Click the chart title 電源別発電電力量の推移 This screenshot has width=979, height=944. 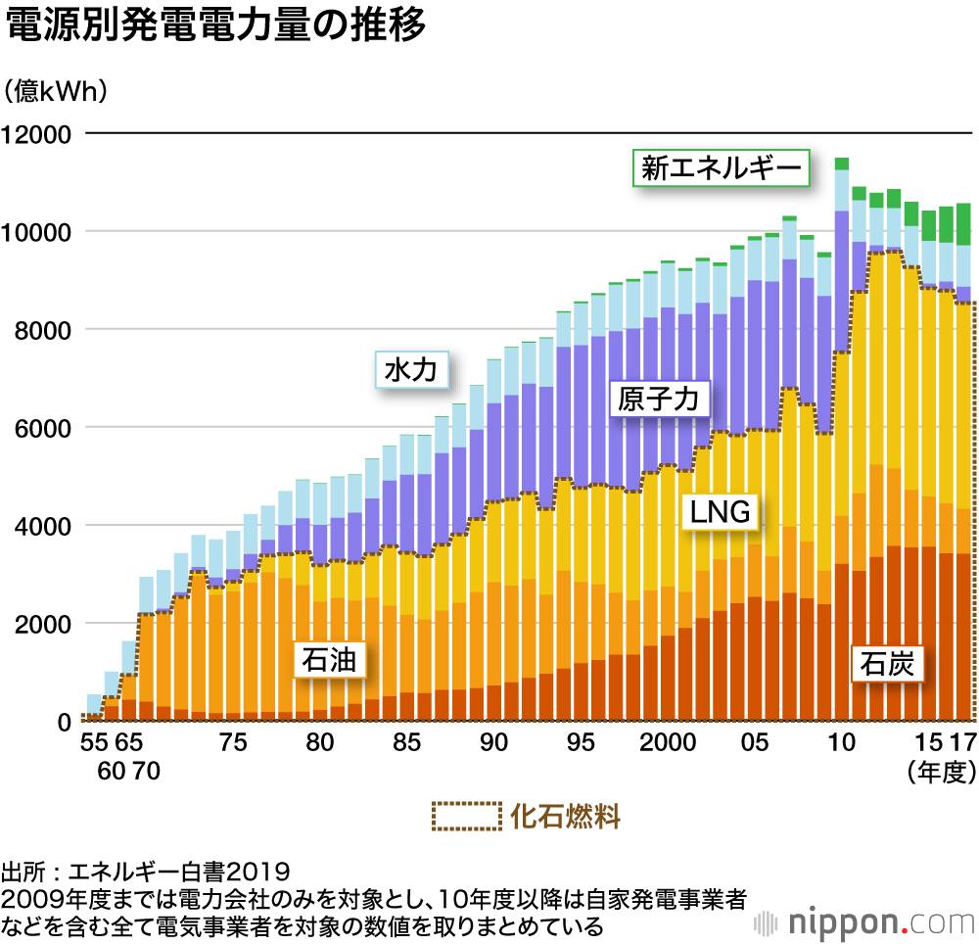coord(216,27)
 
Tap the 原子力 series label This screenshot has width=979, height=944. coord(659,401)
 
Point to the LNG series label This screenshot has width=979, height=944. coord(720,510)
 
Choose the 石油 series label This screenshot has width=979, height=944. coord(330,659)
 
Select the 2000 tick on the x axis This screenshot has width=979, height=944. coord(669,743)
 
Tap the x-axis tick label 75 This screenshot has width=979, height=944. coord(233,743)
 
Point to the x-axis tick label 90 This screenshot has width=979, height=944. coord(493,743)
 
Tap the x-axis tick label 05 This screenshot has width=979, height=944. coord(754,743)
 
